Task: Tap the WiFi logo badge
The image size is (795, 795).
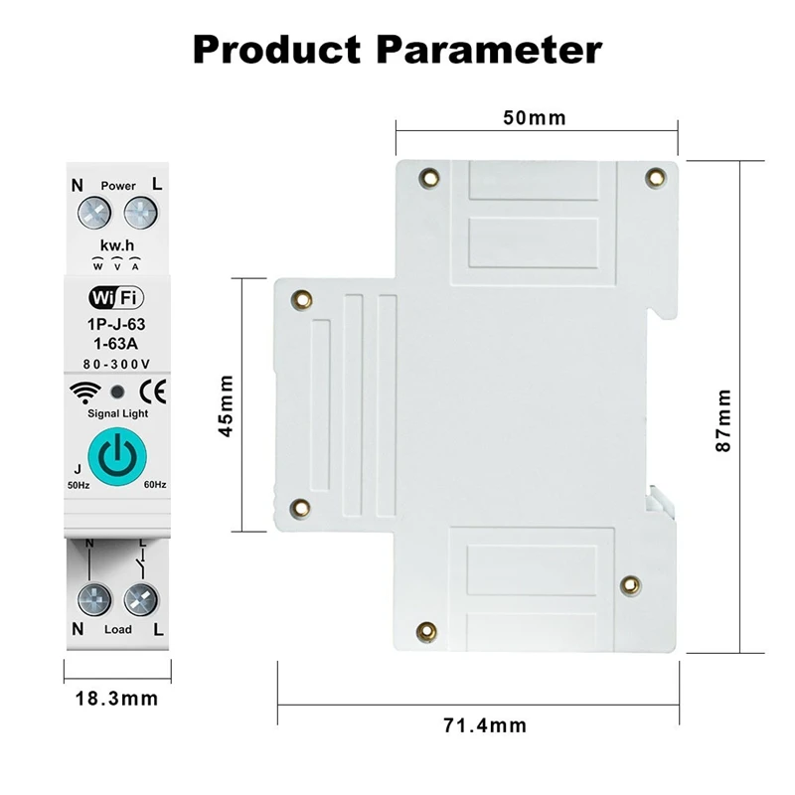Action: [x=116, y=297]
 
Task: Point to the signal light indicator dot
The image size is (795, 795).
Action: [x=117, y=391]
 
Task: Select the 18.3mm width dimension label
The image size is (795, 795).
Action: [x=117, y=698]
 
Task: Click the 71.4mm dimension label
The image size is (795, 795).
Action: [x=485, y=724]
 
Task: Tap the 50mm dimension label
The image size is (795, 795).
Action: [x=534, y=118]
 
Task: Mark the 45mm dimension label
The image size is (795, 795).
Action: [x=227, y=405]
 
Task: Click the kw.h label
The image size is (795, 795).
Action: [x=117, y=244]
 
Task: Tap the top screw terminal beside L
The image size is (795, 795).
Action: [x=141, y=212]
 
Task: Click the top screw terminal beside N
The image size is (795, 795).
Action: [x=94, y=212]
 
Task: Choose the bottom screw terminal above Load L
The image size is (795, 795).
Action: [x=141, y=600]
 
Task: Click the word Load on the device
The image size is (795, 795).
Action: [x=117, y=630]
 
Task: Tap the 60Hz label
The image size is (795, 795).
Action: [x=154, y=484]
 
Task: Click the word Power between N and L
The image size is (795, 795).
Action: [x=117, y=185]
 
